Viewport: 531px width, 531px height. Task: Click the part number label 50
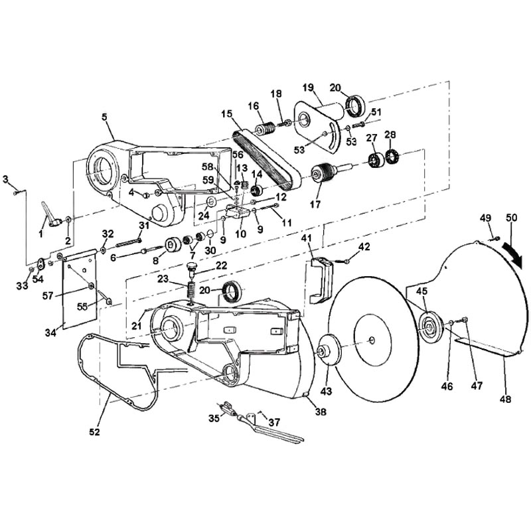pos(511,218)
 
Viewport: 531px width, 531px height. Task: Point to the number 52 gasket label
pos(94,432)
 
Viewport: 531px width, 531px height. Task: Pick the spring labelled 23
pos(192,291)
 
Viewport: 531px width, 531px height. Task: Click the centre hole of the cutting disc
pos(372,340)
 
